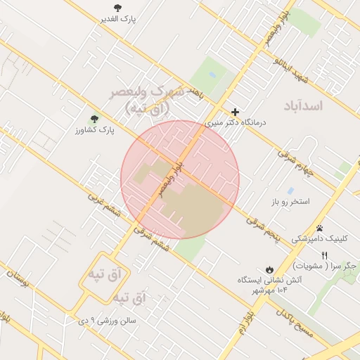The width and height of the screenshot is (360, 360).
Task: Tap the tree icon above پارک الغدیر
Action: click(x=117, y=8)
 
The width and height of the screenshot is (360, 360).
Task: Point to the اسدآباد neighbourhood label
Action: click(x=303, y=106)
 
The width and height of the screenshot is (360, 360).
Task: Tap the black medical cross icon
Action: click(x=235, y=111)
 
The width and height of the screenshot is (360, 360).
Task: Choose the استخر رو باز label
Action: click(x=291, y=202)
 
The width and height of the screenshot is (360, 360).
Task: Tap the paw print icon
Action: click(x=320, y=227)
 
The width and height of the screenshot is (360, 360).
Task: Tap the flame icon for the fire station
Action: click(x=269, y=269)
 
